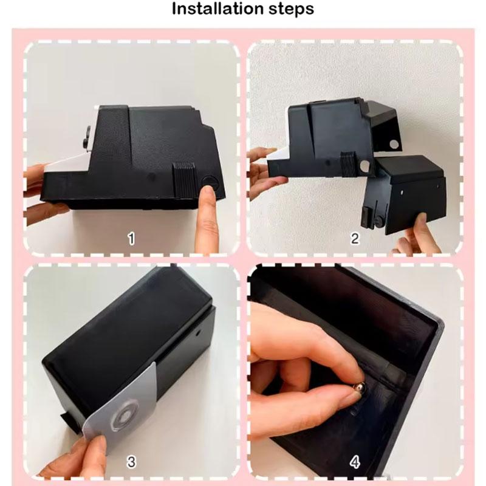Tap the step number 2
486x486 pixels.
click(355, 239)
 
